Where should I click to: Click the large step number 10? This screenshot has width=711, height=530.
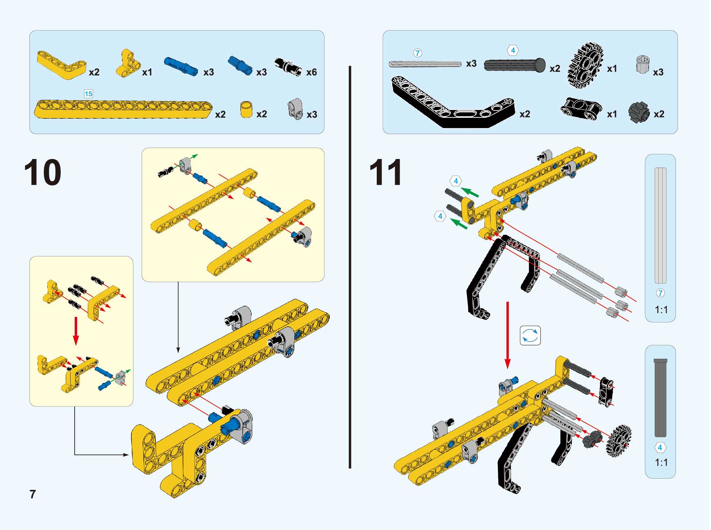point(43,172)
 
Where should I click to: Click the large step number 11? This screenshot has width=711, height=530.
point(385,172)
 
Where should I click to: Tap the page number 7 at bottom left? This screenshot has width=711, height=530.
point(33,494)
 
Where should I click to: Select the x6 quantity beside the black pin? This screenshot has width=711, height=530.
point(311,72)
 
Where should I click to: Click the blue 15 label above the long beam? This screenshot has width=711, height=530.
point(88,94)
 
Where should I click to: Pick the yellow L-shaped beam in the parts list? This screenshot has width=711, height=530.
point(61,64)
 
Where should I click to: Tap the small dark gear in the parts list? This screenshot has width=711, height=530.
point(639,112)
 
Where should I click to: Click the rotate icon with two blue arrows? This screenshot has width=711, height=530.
point(530,336)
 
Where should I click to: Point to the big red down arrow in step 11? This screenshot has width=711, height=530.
point(507,335)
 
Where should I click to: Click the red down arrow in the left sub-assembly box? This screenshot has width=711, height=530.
point(76,331)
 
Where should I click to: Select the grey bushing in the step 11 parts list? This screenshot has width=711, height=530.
point(642,64)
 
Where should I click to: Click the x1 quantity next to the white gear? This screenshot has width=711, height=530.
point(612,69)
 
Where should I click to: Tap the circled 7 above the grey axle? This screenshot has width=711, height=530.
point(417,53)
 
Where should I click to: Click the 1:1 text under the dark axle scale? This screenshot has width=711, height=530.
point(661,462)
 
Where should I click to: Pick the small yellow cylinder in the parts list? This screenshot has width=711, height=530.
point(246,110)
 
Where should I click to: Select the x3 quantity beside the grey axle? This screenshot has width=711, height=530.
point(471,64)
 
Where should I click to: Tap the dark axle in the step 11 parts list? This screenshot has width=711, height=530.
point(515,65)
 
